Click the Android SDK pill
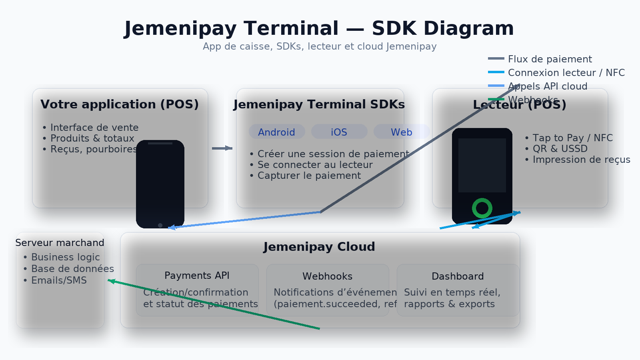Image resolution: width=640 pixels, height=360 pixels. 277,132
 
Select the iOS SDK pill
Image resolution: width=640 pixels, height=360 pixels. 339,132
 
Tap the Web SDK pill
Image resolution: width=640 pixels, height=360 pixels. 401,132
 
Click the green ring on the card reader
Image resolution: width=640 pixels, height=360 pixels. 482,208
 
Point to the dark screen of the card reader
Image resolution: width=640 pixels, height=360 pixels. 482,165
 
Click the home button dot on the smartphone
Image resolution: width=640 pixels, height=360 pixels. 160,225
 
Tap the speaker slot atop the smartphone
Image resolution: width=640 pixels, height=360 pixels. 160,143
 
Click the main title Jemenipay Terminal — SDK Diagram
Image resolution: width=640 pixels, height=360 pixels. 319,28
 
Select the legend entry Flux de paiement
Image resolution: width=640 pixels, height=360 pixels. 550,59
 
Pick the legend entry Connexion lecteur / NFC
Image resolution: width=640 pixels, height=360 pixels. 566,73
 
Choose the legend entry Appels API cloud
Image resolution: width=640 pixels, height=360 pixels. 547,86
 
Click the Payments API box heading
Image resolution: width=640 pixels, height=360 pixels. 197,276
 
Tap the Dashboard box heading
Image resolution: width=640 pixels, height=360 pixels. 458,276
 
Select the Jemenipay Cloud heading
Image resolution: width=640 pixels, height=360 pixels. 319,247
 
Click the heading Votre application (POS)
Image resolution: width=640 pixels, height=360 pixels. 120,104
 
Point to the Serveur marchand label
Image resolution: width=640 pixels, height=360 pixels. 60,243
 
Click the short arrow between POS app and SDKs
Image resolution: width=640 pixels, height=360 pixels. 222,148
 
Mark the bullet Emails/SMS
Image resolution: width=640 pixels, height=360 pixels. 59,280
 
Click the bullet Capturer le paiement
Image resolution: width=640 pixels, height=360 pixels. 309,176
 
